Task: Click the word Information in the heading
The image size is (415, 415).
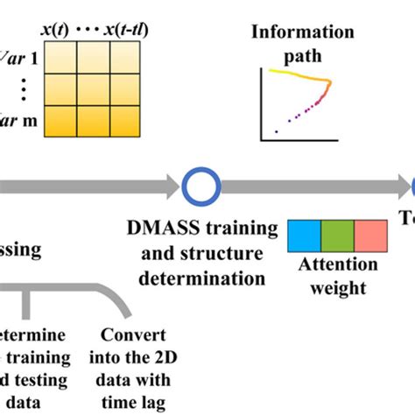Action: click(303, 32)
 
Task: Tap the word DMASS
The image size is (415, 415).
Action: click(154, 229)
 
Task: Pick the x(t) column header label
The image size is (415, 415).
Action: click(55, 28)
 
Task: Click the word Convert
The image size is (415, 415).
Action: click(125, 334)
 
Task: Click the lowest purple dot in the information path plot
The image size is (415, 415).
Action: click(277, 132)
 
